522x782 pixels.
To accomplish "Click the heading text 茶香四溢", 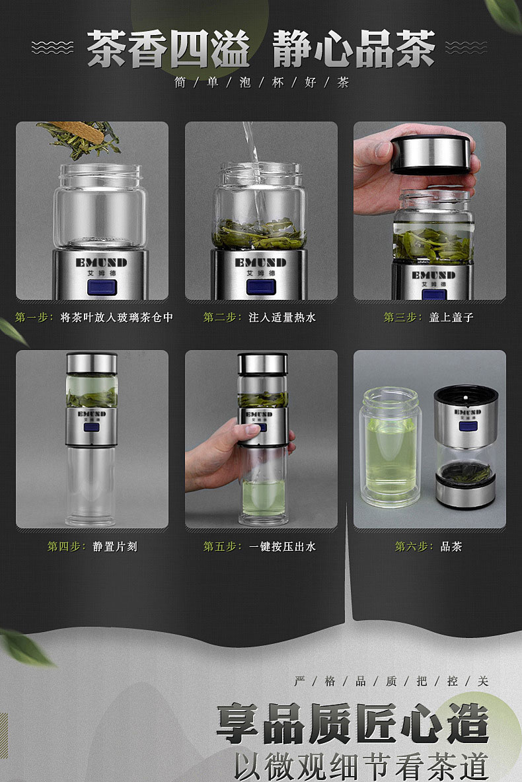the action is tap(168, 48).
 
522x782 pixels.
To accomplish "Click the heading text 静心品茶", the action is tap(354, 48).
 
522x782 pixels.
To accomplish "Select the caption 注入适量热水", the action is tap(282, 317).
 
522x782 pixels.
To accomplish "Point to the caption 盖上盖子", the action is tap(451, 317).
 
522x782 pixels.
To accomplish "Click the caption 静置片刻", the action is tap(115, 547).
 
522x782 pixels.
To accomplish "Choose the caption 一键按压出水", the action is tap(282, 547).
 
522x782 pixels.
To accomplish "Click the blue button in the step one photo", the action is tap(102, 288).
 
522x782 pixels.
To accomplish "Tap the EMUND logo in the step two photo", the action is tap(260, 262).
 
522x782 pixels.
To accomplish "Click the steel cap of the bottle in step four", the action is tap(92, 363).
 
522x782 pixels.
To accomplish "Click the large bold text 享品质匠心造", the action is tap(352, 724).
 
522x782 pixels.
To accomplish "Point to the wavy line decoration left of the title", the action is tap(52, 48).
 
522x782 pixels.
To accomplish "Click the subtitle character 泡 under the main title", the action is tap(245, 83).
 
